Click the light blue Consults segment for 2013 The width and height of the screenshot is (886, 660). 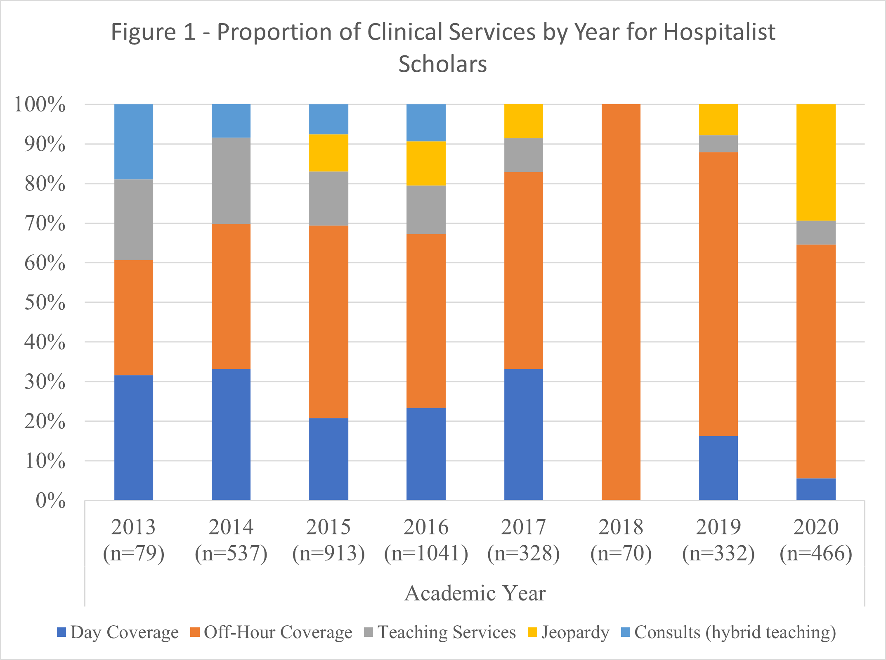134,142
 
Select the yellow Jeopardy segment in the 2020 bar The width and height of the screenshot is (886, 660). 816,162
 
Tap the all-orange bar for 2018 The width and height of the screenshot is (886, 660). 621,302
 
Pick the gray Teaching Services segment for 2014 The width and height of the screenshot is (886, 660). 231,181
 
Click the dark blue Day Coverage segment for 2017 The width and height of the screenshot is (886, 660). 524,434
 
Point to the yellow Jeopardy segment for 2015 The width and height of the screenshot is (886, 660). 328,153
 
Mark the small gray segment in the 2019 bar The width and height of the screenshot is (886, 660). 718,144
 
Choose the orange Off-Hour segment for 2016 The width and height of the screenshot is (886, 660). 426,321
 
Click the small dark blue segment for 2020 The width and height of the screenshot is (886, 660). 816,489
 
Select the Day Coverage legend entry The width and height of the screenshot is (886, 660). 118,632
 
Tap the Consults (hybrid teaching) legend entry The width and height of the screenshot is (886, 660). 729,632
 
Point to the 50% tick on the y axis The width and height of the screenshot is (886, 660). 45,303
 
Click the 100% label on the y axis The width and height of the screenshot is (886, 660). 40,104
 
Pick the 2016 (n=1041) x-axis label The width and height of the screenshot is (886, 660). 426,540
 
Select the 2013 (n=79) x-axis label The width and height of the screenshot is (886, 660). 134,540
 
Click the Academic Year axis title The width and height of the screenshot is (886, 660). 475,594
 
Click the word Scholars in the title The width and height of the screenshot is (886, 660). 443,64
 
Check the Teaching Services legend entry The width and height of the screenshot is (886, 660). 441,632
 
